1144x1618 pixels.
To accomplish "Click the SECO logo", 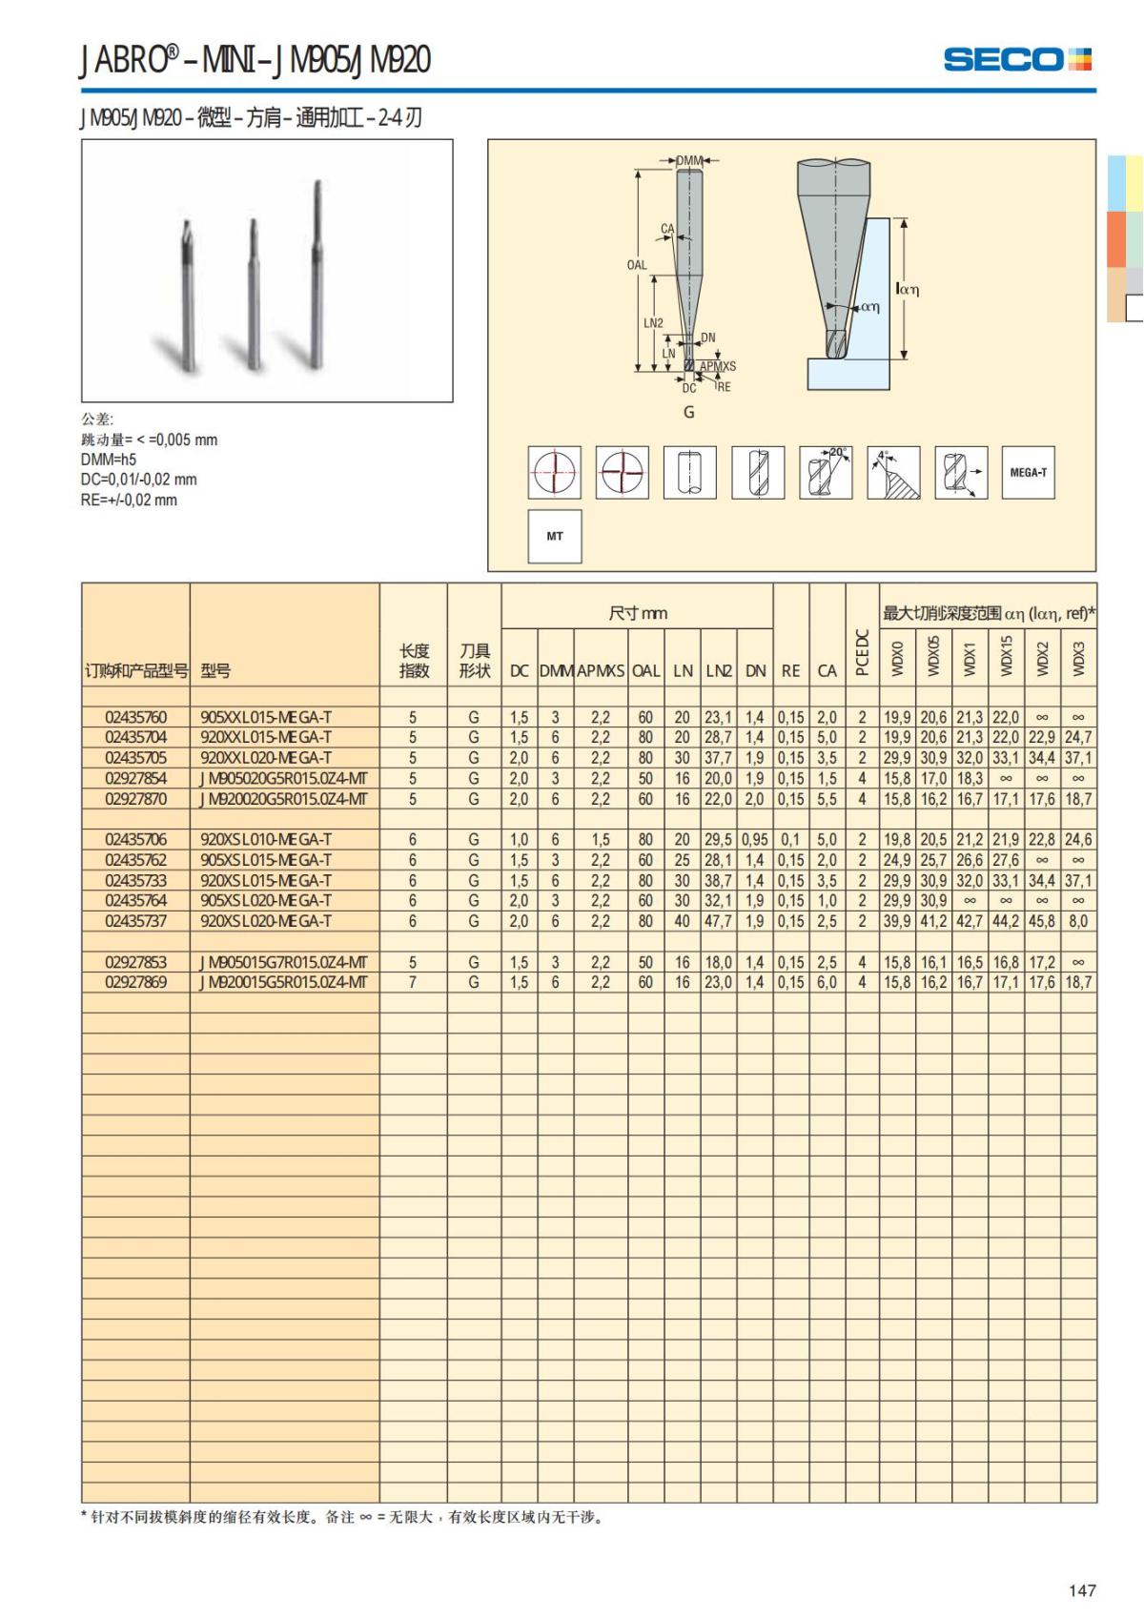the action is click(x=1016, y=59).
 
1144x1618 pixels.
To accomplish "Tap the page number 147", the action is click(x=1082, y=1590).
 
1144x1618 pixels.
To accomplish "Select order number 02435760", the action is click(x=135, y=717).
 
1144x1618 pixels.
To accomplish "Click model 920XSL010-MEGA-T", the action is click(x=266, y=839).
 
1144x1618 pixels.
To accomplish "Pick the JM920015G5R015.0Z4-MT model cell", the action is click(x=284, y=982).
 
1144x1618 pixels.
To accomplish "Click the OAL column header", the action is click(x=645, y=670).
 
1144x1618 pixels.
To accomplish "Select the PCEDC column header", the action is click(x=862, y=652).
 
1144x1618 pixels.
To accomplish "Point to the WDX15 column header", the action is click(x=1006, y=656).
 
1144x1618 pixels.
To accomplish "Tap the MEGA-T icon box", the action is click(x=1028, y=472).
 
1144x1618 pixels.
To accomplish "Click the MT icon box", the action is click(x=555, y=536).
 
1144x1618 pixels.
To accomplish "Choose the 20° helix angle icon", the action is click(x=826, y=472).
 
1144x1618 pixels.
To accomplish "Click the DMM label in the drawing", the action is click(x=689, y=160).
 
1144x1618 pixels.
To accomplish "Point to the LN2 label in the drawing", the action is click(x=653, y=323).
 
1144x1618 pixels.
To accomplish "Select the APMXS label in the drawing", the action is click(x=718, y=366).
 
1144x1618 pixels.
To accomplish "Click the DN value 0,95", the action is click(x=755, y=839).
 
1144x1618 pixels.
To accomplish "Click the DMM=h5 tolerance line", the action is click(x=109, y=460).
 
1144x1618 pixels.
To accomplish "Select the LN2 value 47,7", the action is click(x=719, y=921).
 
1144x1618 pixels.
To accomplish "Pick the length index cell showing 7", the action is click(x=413, y=982).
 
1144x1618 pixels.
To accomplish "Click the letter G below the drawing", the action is click(x=688, y=412).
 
